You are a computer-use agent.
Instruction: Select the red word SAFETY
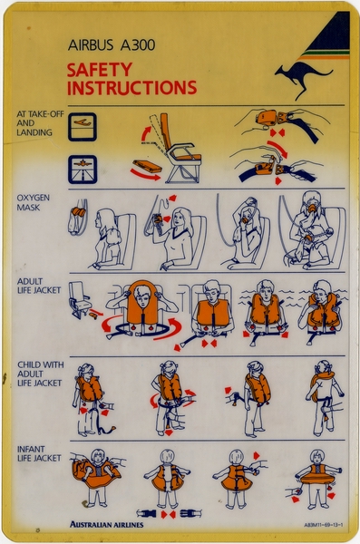[99, 69]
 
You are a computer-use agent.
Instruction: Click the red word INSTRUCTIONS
[131, 88]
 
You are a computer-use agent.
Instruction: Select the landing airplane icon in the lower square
[83, 168]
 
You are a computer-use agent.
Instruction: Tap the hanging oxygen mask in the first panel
[77, 218]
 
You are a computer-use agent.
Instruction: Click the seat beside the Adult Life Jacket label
[81, 299]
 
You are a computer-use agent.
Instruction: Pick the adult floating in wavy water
[265, 314]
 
